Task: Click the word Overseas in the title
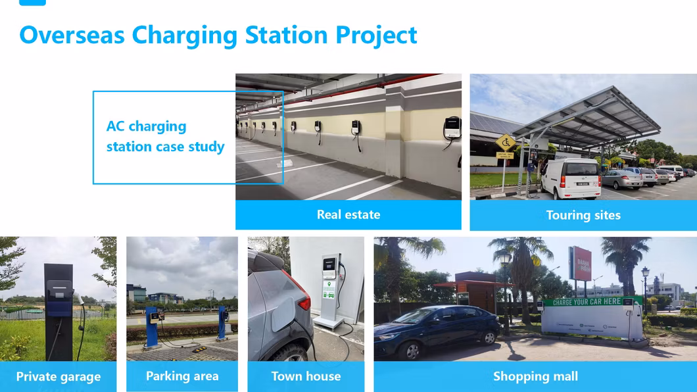pos(72,34)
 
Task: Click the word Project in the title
pos(376,34)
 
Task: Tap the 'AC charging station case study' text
pos(165,136)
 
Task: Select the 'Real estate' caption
pos(348,214)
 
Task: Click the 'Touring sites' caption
pos(583,215)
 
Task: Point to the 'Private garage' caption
pos(59,377)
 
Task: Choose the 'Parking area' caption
pos(182,376)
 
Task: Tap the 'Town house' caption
pos(306,376)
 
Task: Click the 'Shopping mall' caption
pos(535,376)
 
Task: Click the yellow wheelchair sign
pos(505,142)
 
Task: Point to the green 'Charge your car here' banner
pos(592,302)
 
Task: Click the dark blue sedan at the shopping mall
pos(437,331)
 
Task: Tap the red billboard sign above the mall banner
pos(579,263)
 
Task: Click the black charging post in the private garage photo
pos(59,309)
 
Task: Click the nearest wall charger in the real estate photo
pos(452,128)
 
